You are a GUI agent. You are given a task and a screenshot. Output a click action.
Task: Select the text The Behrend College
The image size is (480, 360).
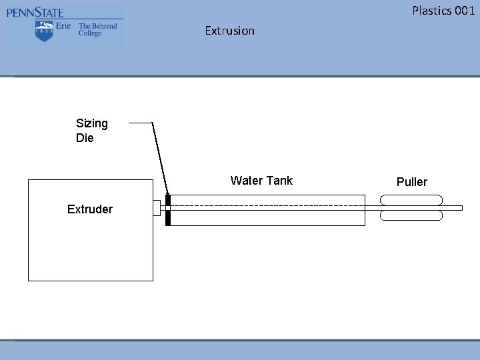coord(97,30)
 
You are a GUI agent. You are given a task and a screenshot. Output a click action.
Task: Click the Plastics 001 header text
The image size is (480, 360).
coord(443,10)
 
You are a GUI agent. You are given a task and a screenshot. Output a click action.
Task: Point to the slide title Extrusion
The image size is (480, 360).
coord(229,31)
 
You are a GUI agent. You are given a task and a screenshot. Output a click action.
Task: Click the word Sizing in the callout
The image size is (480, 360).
coord(92,123)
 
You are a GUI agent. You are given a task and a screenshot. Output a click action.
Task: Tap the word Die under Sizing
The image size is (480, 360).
coord(85,139)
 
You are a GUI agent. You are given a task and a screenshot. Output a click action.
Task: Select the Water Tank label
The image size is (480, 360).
coord(261,181)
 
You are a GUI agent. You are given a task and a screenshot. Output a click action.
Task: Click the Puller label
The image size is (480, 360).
coord(412,182)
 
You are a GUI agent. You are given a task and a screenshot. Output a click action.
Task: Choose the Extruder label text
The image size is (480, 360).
coord(90,209)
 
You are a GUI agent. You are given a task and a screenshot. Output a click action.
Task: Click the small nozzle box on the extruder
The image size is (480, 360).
coord(157,207)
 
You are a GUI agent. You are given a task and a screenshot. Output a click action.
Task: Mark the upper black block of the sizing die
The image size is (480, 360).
coord(168,200)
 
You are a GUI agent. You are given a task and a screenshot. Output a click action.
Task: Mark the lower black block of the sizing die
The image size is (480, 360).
coord(168,218)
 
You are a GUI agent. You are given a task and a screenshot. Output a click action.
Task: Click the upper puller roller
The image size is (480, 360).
coord(411,199)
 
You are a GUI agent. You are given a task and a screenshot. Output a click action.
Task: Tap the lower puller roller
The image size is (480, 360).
coord(411,215)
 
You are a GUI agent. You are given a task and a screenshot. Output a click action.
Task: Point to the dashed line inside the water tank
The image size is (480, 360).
coord(267,204)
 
